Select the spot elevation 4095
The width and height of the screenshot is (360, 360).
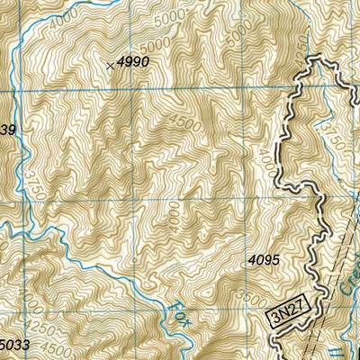pos(265,260)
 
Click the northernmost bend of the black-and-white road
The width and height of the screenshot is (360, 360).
pos(316,59)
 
